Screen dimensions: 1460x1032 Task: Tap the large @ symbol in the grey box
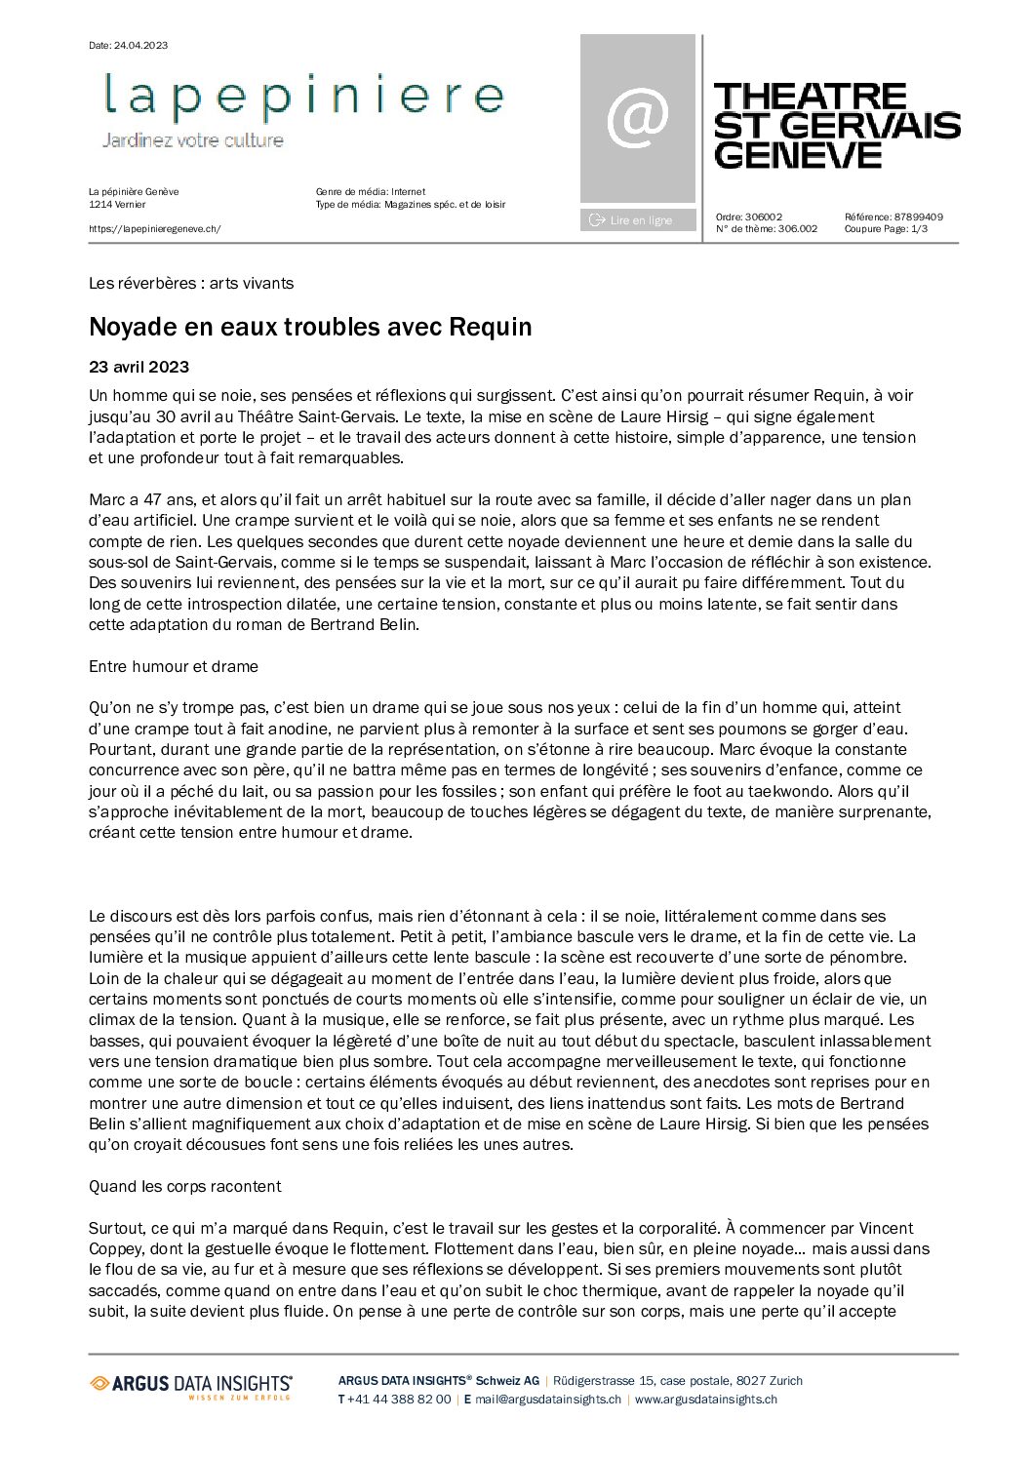pyautogui.click(x=638, y=117)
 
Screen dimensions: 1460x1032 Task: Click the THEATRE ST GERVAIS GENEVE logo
pyautogui.click(x=836, y=126)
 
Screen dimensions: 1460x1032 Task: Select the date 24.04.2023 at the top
pyautogui.click(x=140, y=46)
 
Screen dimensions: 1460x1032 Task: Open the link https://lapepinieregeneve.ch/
pyautogui.click(x=155, y=229)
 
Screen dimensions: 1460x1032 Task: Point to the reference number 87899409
pyautogui.click(x=918, y=217)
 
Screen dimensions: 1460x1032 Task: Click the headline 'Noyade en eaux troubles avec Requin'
pyautogui.click(x=310, y=327)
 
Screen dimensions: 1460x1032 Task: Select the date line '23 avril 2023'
pyautogui.click(x=139, y=368)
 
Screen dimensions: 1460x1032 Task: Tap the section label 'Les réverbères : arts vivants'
pyautogui.click(x=191, y=284)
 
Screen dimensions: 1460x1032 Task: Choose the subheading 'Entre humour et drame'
pyautogui.click(x=174, y=667)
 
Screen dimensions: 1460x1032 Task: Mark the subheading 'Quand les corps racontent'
pyautogui.click(x=184, y=1187)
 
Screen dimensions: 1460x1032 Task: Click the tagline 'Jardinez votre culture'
pyautogui.click(x=193, y=140)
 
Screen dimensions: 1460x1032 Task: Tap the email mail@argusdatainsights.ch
pyautogui.click(x=548, y=1400)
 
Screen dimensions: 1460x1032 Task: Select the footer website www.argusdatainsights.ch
pyautogui.click(x=706, y=1400)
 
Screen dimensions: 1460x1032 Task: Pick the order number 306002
pyautogui.click(x=763, y=217)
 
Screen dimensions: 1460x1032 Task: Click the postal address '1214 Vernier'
pyautogui.click(x=117, y=205)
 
